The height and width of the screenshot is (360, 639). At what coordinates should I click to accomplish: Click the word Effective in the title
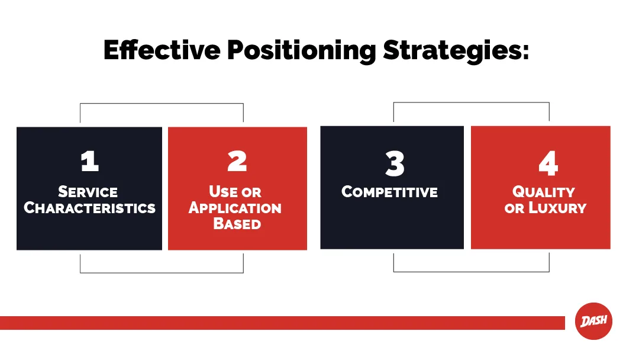162,50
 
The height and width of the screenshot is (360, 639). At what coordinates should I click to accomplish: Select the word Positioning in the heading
302,52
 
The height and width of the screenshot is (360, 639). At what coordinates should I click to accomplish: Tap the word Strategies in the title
451,52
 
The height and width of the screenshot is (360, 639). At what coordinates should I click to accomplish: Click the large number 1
90,161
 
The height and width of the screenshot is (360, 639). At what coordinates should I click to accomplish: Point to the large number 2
237,161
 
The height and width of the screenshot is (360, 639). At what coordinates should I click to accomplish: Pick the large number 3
395,163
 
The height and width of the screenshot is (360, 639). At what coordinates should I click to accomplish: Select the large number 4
548,163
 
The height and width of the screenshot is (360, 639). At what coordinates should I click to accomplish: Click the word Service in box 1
88,192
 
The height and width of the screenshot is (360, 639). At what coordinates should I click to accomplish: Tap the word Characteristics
90,208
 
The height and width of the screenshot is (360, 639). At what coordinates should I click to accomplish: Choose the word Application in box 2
235,208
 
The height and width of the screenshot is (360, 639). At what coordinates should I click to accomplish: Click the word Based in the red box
237,224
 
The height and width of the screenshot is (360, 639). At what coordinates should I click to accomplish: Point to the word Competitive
389,192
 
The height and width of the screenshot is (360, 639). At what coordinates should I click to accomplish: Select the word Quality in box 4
544,192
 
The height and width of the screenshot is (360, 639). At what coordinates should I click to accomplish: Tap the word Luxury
557,208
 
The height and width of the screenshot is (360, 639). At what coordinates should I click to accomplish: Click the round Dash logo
593,321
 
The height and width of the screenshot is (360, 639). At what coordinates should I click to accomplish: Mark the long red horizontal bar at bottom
282,323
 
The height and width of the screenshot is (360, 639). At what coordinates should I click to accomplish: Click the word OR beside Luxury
514,209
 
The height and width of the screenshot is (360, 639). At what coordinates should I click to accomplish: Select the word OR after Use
251,192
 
